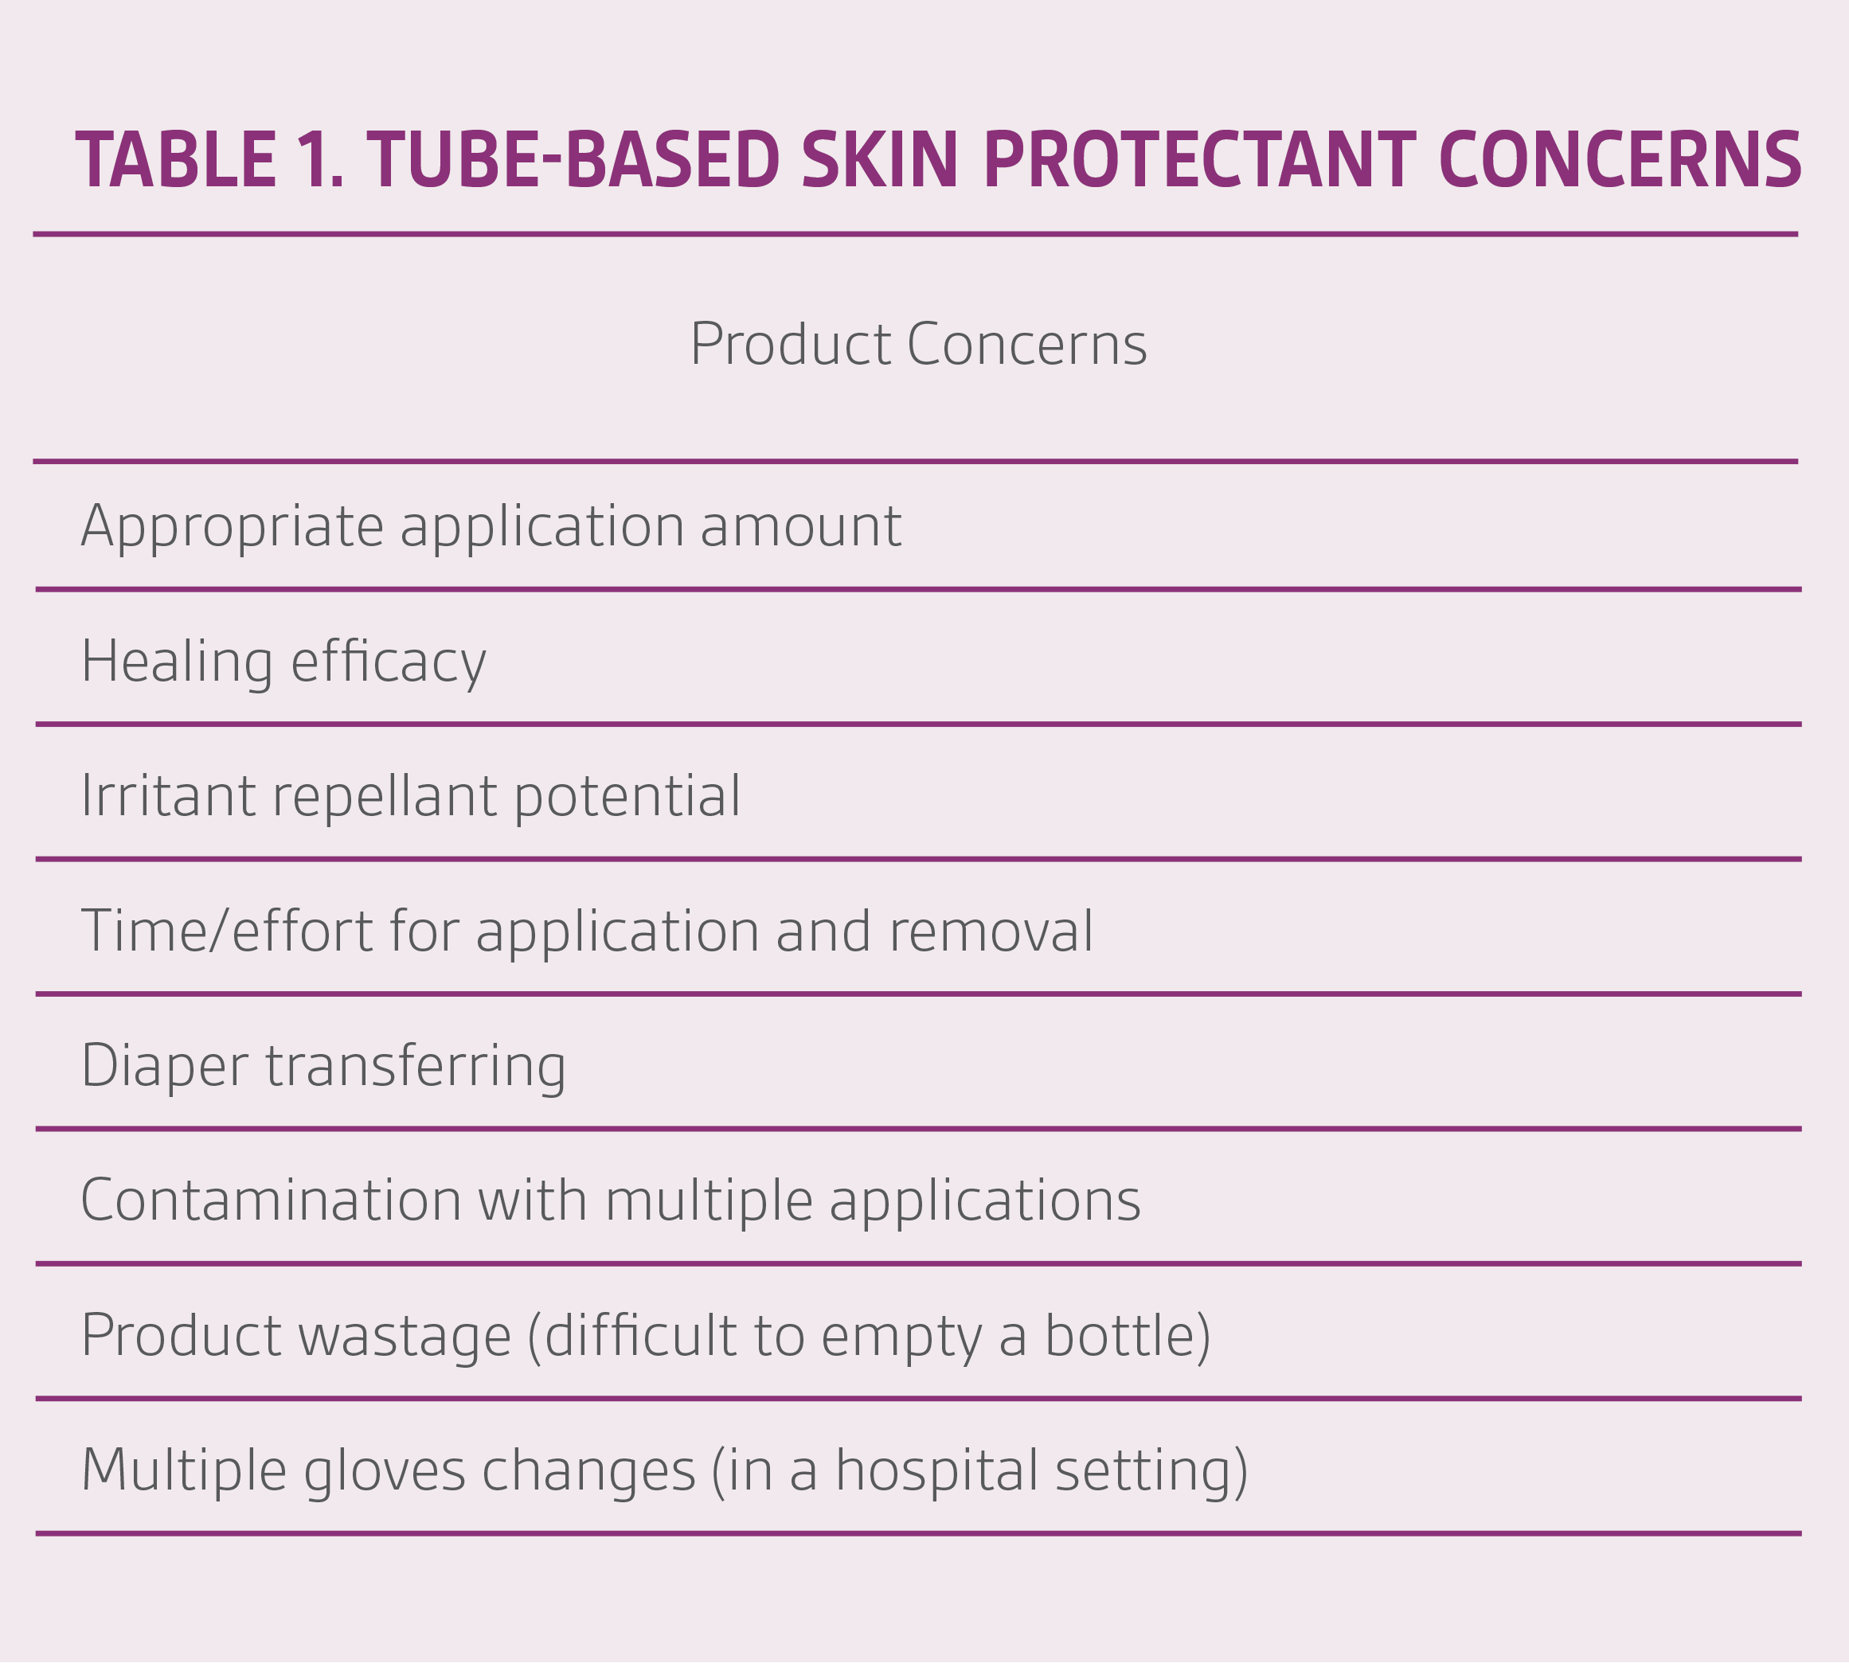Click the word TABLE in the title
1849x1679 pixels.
[x=176, y=161]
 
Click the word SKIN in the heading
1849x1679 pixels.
[x=880, y=161]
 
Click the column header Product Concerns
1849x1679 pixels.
[x=918, y=345]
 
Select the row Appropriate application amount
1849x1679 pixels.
[x=491, y=527]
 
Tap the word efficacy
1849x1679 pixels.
[x=388, y=662]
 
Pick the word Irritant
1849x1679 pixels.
[x=168, y=795]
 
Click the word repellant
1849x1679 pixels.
[x=385, y=797]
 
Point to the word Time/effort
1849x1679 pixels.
[x=226, y=931]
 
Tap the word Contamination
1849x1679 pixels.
[x=271, y=1201]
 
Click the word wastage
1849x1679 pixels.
[x=405, y=1336]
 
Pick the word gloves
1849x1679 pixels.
[x=385, y=1471]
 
